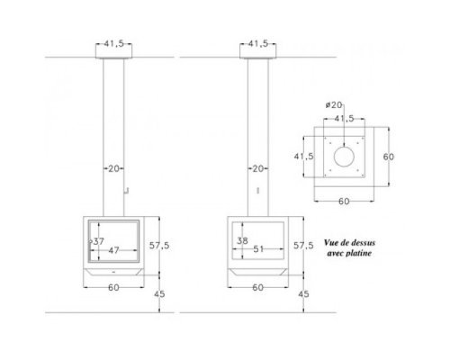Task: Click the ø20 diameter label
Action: tap(334, 105)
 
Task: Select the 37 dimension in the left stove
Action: tap(98, 241)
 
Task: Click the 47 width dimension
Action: tap(113, 250)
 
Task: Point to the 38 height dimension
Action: tap(242, 240)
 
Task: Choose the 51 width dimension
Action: tap(258, 249)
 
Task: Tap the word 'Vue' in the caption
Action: tap(330, 242)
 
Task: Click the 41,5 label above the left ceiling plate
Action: tap(114, 43)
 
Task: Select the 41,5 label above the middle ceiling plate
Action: tap(258, 43)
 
